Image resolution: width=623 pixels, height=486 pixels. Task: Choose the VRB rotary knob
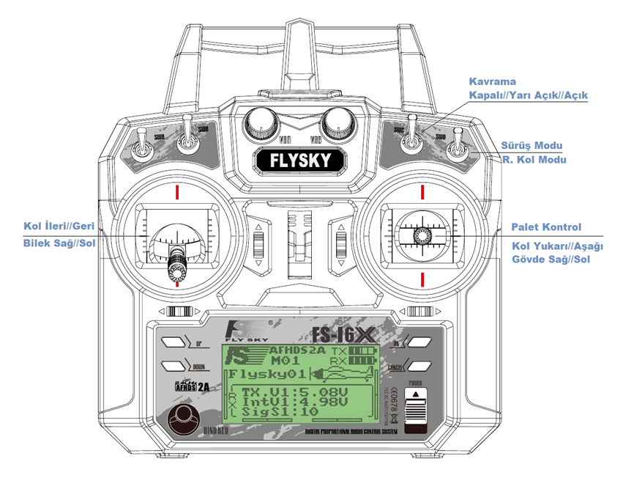tap(336, 121)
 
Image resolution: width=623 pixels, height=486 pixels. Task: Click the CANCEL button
tap(422, 366)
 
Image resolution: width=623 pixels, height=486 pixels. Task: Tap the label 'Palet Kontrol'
tap(545, 227)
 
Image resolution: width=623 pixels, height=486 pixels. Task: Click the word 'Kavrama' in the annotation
tap(493, 81)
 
